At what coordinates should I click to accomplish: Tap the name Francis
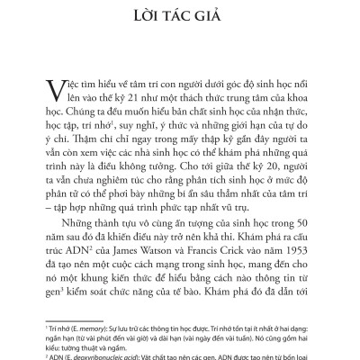(216, 273)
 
